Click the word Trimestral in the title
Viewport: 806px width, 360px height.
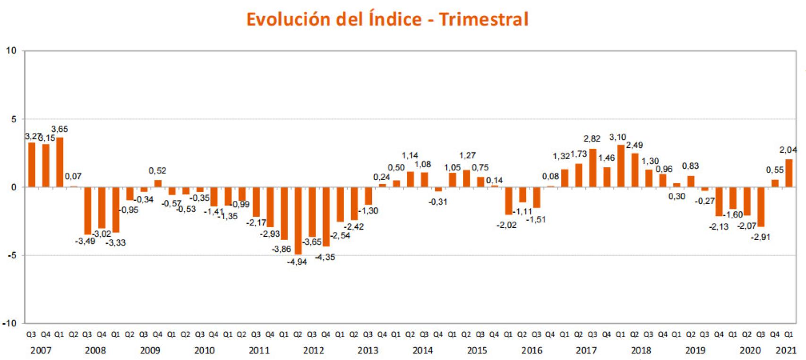(483, 19)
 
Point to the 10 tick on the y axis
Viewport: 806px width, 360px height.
(11, 51)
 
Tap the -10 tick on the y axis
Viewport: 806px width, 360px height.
(9, 324)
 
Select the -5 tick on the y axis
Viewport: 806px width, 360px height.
(11, 256)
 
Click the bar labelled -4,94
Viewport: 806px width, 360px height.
(298, 221)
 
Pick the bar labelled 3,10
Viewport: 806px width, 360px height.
(621, 166)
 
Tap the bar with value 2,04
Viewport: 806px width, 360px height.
(789, 173)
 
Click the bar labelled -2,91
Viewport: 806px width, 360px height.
(761, 207)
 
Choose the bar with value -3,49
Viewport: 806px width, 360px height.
(87, 211)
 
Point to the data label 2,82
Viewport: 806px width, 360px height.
(592, 139)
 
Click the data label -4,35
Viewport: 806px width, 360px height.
(325, 257)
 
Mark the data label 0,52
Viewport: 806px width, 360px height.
(157, 171)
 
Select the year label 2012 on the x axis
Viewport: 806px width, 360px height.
(313, 351)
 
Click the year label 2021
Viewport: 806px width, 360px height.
(786, 351)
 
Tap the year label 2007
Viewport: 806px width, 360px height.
(41, 351)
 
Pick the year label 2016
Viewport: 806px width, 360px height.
(532, 351)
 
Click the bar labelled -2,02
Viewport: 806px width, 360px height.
(508, 201)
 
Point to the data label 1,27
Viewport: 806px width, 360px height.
(467, 155)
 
